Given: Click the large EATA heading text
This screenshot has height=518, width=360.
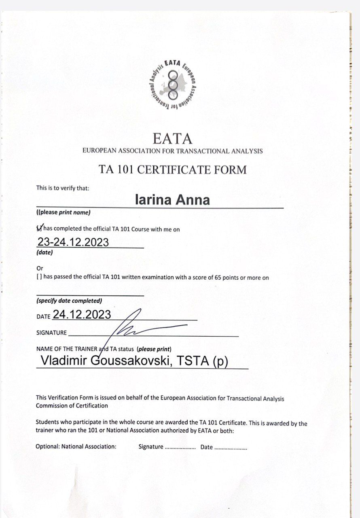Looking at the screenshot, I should pyautogui.click(x=172, y=139).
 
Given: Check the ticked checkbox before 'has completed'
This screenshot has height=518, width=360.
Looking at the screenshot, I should pyautogui.click(x=39, y=228).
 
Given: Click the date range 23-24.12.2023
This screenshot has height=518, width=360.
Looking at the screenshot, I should pyautogui.click(x=73, y=242).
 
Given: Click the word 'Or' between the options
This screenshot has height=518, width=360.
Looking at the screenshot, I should pyautogui.click(x=40, y=268).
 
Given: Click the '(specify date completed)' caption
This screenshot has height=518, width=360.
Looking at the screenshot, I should pyautogui.click(x=69, y=301).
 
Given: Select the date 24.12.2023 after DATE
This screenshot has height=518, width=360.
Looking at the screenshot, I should pyautogui.click(x=82, y=315).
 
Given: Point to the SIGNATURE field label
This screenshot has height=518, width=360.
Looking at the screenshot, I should pyautogui.click(x=51, y=333).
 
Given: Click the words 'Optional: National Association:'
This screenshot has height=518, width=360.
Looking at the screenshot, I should pyautogui.click(x=76, y=447).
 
